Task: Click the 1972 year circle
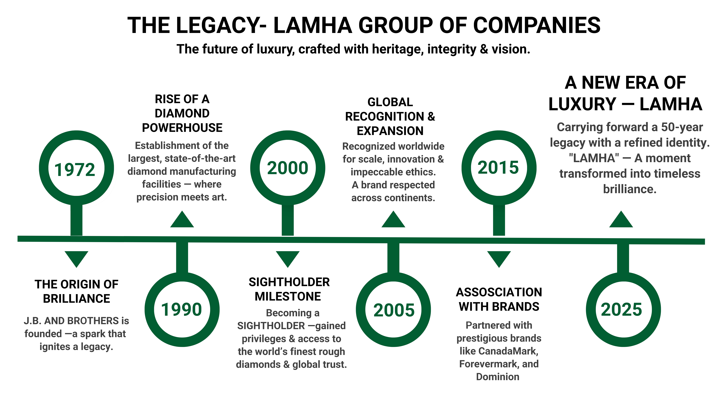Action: coord(75,169)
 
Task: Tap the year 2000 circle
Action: coord(287,168)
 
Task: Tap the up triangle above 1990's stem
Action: coord(182,220)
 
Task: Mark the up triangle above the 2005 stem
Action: coord(393,220)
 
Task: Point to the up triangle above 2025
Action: coord(621,220)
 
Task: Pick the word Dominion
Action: coord(498,377)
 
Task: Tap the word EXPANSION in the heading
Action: coord(390,131)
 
